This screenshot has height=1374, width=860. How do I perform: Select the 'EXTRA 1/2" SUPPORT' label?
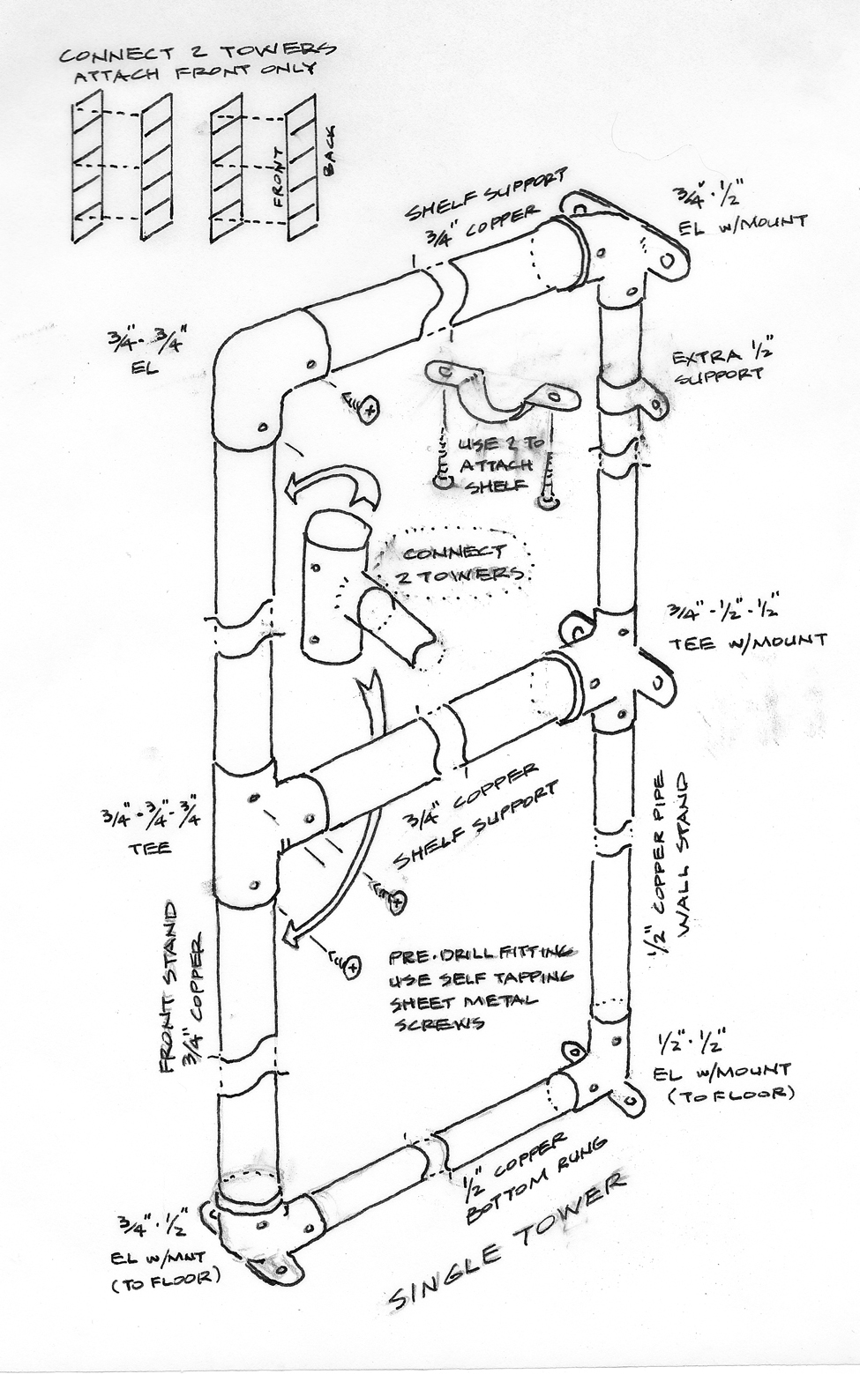(716, 366)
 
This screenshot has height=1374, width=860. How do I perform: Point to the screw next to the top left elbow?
(362, 405)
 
